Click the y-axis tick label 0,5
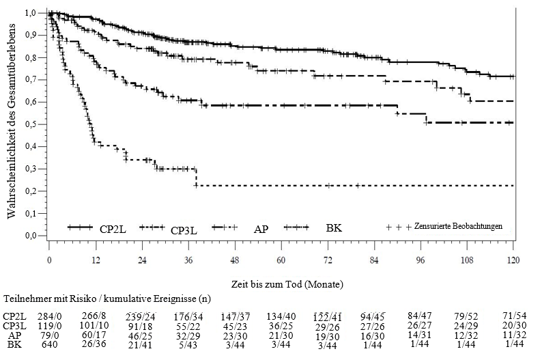point(31,124)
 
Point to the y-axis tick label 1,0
point(31,13)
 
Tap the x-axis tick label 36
point(188,260)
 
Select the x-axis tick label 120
point(513,260)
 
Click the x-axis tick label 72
point(328,260)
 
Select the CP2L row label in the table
point(14,316)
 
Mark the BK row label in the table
point(14,344)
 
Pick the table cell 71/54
point(513,316)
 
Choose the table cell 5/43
point(188,344)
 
